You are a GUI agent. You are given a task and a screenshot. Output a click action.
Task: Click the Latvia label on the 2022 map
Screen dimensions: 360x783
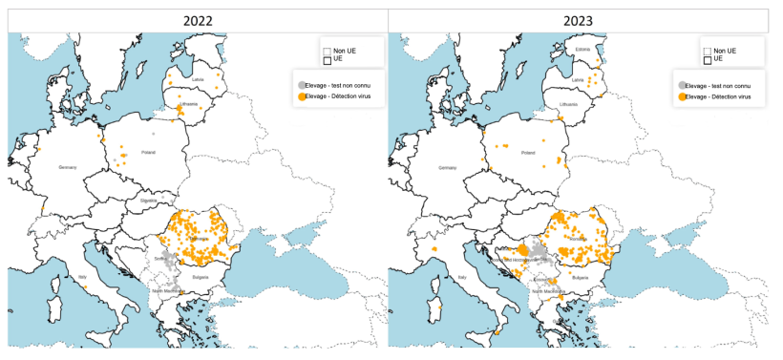(x=198, y=78)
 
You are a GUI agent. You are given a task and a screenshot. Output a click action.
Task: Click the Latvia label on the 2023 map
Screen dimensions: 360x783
(x=578, y=78)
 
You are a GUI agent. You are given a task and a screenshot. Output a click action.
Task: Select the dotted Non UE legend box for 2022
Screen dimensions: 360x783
(x=327, y=52)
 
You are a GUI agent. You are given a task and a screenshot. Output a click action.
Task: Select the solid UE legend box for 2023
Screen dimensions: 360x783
(x=708, y=60)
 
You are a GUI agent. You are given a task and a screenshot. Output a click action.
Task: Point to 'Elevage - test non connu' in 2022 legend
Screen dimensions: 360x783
(x=344, y=85)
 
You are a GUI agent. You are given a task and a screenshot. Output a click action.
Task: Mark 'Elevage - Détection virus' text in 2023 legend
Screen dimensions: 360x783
(x=723, y=97)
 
